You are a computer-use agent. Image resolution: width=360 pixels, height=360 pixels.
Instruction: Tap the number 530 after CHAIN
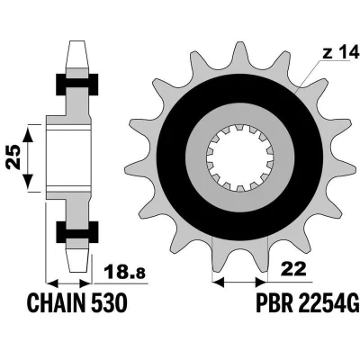pos(108,302)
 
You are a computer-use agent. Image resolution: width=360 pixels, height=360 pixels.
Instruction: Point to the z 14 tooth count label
pos(341,53)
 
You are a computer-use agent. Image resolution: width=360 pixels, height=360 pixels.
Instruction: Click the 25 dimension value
pos(14,157)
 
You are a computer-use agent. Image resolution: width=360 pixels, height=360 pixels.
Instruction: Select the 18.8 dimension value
pos(124,272)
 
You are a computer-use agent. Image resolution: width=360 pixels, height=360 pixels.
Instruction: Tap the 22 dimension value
pos(292,268)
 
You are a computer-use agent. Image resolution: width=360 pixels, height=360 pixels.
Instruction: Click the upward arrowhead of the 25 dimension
pos(28,134)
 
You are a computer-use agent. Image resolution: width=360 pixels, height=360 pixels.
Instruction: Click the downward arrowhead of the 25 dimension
pos(28,181)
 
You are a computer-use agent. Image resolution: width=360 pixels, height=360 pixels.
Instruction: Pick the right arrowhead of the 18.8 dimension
pos(84,283)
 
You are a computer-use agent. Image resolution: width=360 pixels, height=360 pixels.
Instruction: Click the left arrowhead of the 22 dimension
pos(219,282)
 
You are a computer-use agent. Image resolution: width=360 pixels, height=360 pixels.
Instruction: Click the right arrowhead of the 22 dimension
pos(261,282)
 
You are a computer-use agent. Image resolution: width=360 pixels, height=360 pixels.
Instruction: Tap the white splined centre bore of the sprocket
pos(239,157)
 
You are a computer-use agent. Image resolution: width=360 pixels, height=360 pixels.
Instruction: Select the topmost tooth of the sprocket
pos(239,56)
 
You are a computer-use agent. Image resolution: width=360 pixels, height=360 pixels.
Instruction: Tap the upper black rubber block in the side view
pos(77,84)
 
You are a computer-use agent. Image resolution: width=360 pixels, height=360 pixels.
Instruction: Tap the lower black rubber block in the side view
pos(77,232)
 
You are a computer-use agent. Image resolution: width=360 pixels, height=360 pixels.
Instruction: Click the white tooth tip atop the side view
pos(77,53)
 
